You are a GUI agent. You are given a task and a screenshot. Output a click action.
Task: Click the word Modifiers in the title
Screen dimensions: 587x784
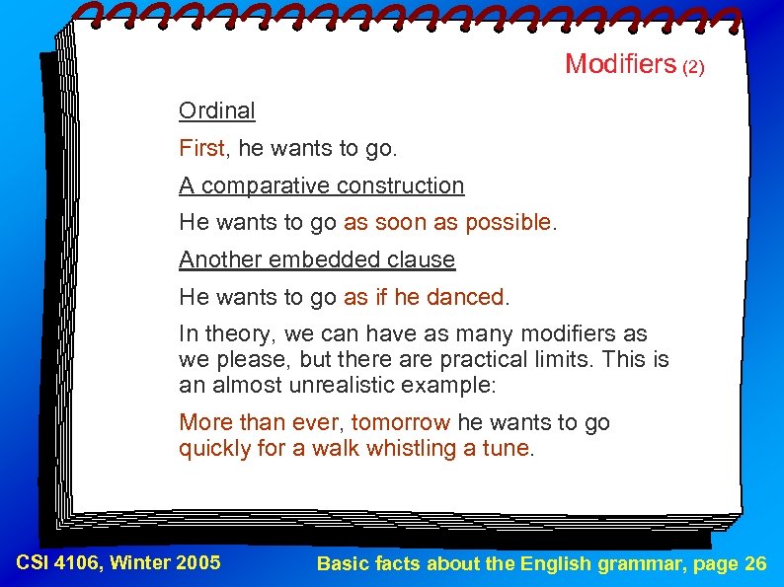coord(620,64)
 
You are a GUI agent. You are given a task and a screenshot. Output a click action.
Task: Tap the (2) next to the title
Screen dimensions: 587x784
coord(694,68)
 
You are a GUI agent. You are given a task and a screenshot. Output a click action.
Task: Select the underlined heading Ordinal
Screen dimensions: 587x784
coord(217,110)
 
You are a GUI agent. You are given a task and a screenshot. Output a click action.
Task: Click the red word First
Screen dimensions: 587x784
coord(202,148)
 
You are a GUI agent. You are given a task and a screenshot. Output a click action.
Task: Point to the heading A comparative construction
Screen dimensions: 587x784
coord(321,185)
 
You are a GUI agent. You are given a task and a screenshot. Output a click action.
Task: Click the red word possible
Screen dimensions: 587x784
coord(507,223)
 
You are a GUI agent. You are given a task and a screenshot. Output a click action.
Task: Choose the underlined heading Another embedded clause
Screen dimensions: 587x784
coord(317,259)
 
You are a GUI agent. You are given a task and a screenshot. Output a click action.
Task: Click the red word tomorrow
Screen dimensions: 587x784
coord(401,422)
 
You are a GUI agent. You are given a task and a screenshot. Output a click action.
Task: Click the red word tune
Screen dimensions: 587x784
coord(507,449)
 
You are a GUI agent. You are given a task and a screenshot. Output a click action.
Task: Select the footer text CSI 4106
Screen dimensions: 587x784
coord(58,563)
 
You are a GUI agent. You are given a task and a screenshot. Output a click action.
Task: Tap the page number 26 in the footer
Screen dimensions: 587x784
coord(754,564)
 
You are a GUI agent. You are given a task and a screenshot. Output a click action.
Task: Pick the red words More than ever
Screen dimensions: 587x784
coord(261,422)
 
